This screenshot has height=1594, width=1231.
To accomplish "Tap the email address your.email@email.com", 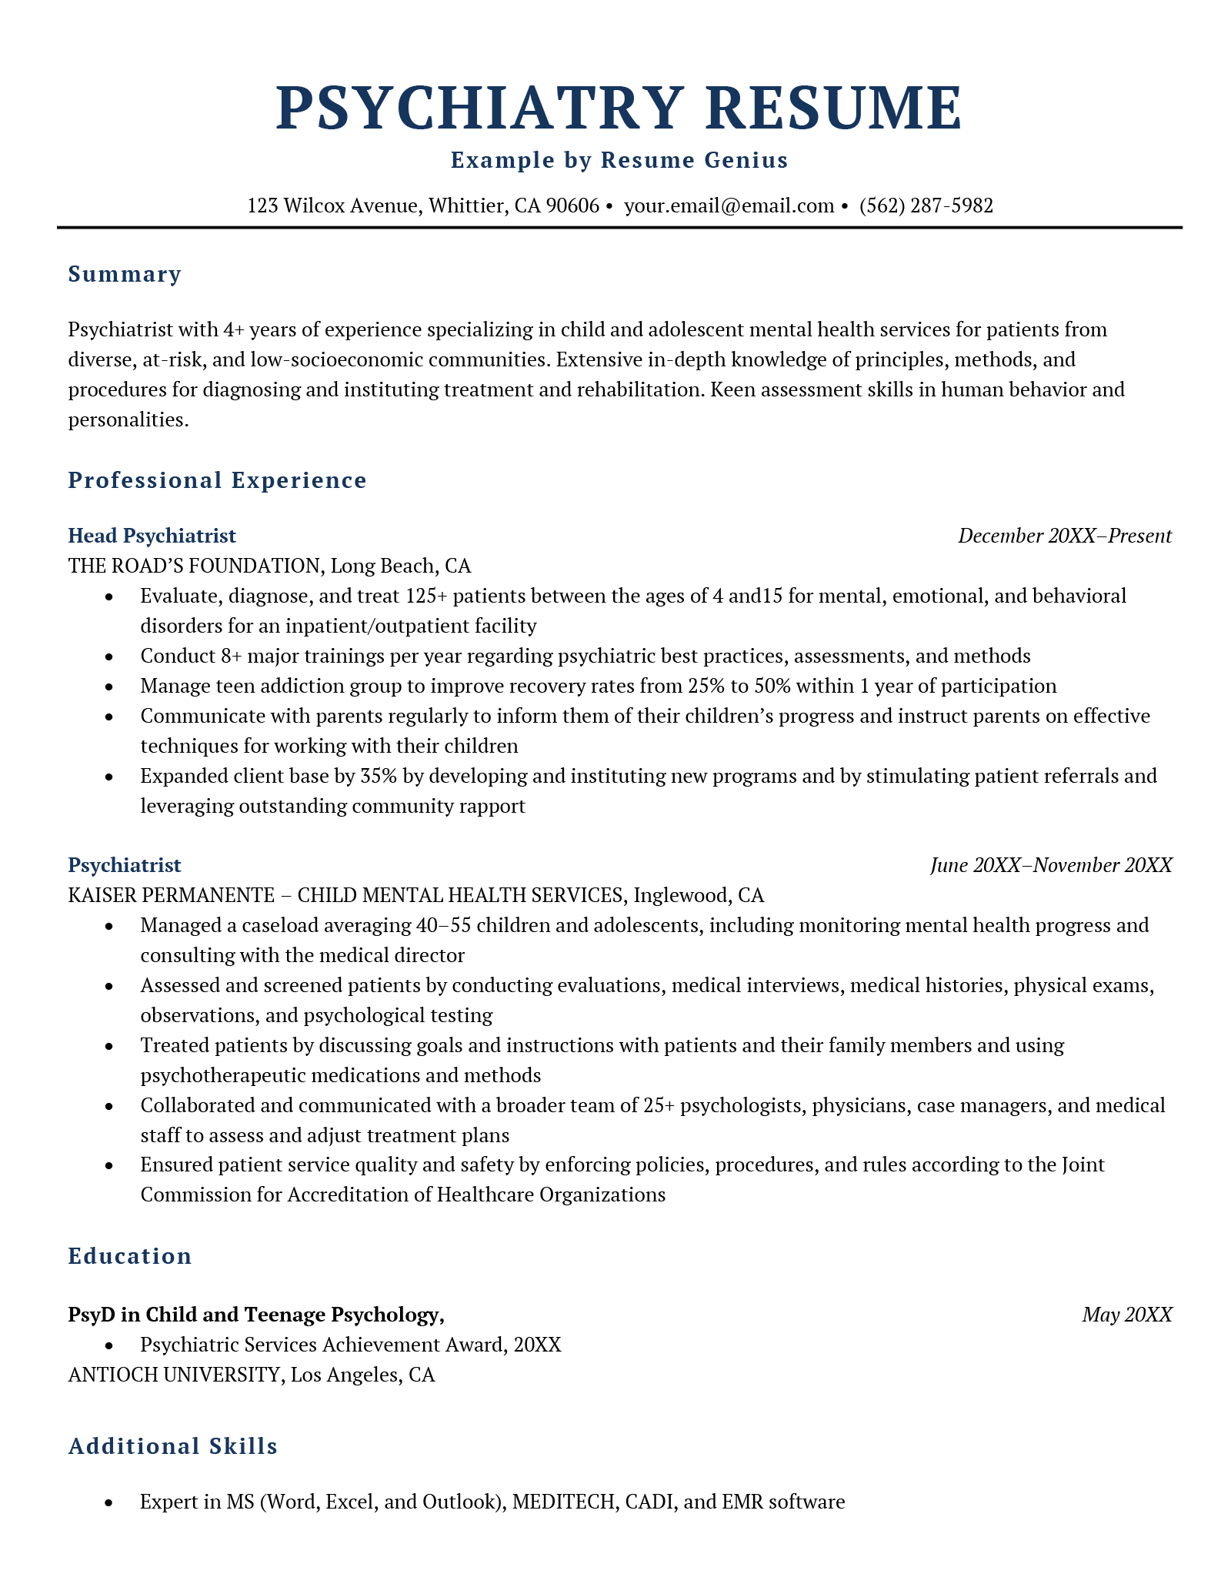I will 729,206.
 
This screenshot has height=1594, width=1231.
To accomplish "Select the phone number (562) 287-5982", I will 926,206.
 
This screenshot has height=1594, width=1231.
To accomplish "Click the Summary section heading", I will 125,274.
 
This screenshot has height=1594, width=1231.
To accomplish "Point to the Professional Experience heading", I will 217,480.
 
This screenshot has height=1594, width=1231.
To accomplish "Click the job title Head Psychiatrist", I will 152,536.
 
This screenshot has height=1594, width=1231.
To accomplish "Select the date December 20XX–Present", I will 1064,536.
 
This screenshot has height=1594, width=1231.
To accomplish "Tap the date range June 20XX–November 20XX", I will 1050,865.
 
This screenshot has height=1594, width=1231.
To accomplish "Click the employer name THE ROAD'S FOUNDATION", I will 193,566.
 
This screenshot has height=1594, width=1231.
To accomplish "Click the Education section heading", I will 130,1256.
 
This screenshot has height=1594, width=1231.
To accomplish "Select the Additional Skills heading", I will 172,1446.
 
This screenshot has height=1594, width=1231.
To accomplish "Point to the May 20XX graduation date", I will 1126,1315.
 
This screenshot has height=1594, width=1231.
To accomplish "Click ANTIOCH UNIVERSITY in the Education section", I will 174,1375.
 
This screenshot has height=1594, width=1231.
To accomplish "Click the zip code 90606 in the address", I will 572,206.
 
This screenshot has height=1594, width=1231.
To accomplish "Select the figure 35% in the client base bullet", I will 378,776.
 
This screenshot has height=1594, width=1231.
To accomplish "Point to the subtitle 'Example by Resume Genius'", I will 619,160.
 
